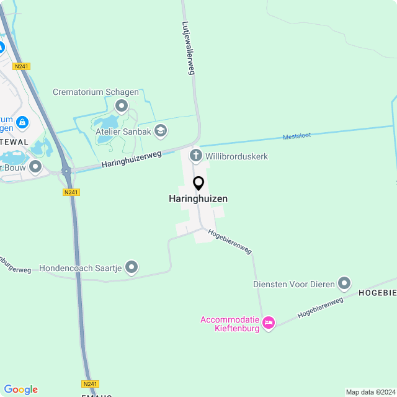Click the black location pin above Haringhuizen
coord(198,184)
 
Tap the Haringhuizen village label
coord(198,199)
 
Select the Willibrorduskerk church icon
coord(196,156)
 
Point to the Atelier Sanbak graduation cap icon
coord(161,130)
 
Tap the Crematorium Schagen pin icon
coord(122,105)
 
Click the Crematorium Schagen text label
coord(96,92)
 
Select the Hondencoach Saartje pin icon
coord(132,267)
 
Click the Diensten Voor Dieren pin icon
coord(344,283)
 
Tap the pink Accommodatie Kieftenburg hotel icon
coord(269,323)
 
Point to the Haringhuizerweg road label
coord(132,160)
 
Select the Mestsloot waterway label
coord(297,136)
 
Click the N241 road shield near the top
coord(20,66)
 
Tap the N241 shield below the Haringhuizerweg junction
coord(71,192)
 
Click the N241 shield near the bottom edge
coord(90,384)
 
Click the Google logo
coord(20,390)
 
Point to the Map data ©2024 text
coord(370,392)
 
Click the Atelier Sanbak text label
coord(123,132)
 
